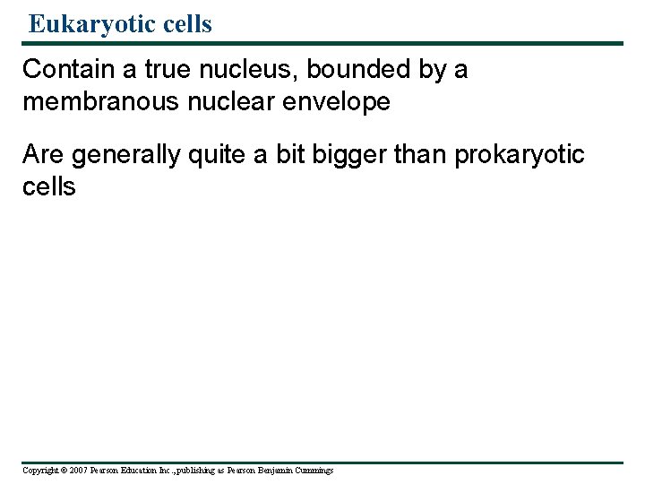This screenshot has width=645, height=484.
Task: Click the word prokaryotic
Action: coord(520,155)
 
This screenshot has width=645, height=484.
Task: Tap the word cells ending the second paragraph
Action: coord(49,186)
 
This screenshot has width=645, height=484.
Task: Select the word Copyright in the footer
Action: coord(39,471)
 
